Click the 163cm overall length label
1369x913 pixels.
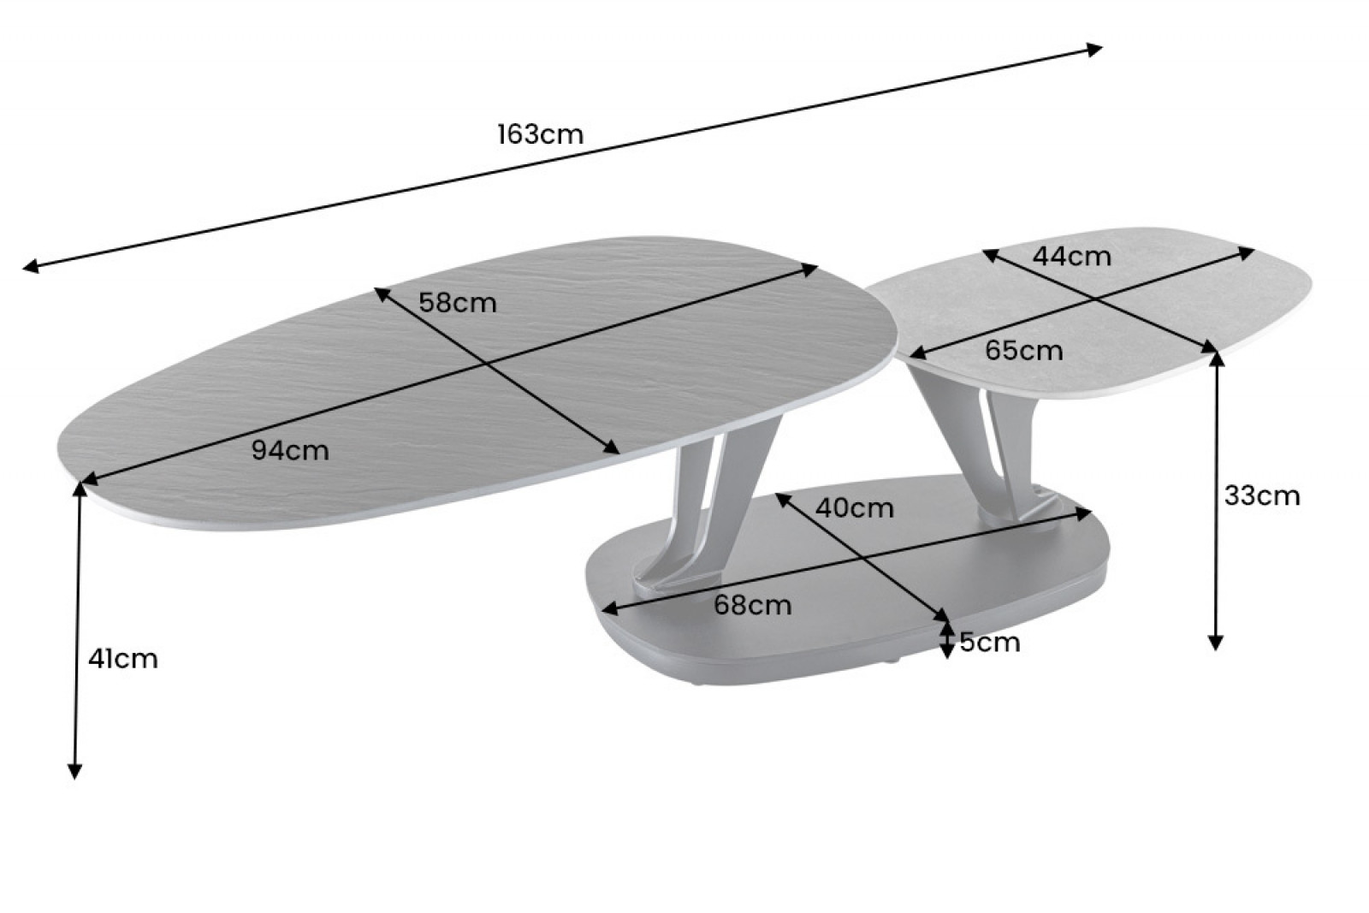pos(540,134)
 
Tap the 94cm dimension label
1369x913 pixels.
pos(290,451)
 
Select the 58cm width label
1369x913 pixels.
pos(458,303)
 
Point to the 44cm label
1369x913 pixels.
pos(1072,256)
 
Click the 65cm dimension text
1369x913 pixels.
pos(1024,351)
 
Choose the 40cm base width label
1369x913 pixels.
pos(855,507)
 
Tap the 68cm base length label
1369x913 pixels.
pos(753,605)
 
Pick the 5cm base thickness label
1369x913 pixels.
pos(990,643)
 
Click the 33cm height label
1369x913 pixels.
pos(1262,495)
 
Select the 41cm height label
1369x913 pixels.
pos(123,659)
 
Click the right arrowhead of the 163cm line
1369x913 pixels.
pos(1094,50)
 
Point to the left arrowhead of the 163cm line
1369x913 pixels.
pos(31,266)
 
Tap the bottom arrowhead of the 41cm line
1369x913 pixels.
pos(74,772)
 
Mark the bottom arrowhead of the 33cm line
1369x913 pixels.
pos(1216,643)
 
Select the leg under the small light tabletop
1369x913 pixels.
pos(984,453)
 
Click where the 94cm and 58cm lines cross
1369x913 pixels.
pos(487,365)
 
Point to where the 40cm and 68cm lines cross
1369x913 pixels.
pos(862,558)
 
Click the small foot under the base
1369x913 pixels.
pos(890,661)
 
